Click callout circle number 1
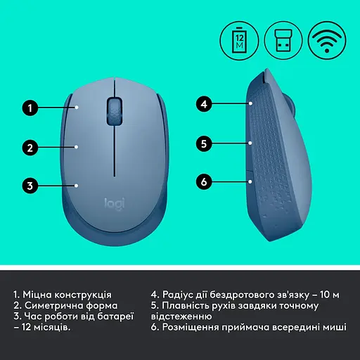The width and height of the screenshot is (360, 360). click(x=29, y=108)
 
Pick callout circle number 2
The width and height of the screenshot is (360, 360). click(x=29, y=148)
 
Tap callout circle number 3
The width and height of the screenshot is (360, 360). click(x=29, y=186)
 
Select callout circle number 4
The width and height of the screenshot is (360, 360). click(x=204, y=104)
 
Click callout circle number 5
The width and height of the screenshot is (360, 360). click(x=204, y=143)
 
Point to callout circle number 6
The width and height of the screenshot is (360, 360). click(x=204, y=182)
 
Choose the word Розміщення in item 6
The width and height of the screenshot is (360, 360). click(x=195, y=328)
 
